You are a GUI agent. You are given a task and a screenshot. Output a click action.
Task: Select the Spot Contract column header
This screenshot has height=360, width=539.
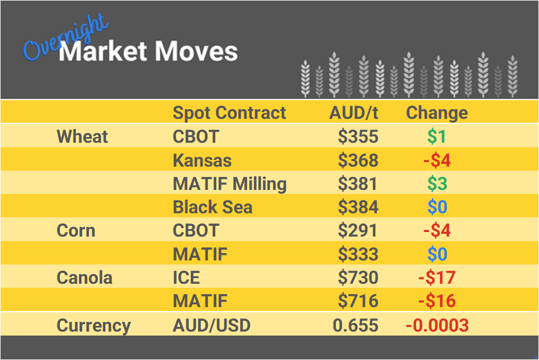[229, 113]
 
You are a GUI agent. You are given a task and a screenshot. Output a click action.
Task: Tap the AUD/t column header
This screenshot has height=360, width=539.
[353, 113]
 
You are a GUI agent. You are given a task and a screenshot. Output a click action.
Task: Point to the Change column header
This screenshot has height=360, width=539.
[437, 113]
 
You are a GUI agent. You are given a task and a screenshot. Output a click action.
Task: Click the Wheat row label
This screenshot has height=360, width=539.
[83, 136]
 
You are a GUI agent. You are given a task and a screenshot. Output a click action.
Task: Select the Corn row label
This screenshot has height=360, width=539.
[76, 231]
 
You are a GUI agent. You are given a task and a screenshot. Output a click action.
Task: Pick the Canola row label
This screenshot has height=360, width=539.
[84, 278]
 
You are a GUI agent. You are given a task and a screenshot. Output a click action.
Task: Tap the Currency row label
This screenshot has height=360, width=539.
[93, 326]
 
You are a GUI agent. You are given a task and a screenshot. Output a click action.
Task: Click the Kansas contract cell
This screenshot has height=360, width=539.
[202, 160]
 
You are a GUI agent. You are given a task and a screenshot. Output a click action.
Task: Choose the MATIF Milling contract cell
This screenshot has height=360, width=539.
[229, 184]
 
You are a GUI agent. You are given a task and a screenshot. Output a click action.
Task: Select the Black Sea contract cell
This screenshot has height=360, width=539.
[212, 208]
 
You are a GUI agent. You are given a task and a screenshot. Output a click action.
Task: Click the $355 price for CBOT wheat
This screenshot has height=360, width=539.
[358, 136]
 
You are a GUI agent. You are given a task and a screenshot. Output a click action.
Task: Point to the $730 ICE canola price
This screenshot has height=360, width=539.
[358, 278]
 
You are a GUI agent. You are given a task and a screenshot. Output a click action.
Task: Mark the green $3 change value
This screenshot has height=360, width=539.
[437, 184]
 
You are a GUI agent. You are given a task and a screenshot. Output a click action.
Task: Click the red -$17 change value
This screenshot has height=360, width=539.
[437, 278]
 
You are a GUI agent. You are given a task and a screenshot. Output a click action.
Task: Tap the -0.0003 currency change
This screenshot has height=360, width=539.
[437, 326]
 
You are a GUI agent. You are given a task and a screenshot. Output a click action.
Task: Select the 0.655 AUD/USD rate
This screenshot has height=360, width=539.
[356, 326]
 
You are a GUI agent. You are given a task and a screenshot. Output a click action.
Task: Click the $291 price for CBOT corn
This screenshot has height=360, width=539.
[358, 231]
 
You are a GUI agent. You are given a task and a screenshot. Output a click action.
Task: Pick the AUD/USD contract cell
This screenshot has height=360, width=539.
[211, 326]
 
